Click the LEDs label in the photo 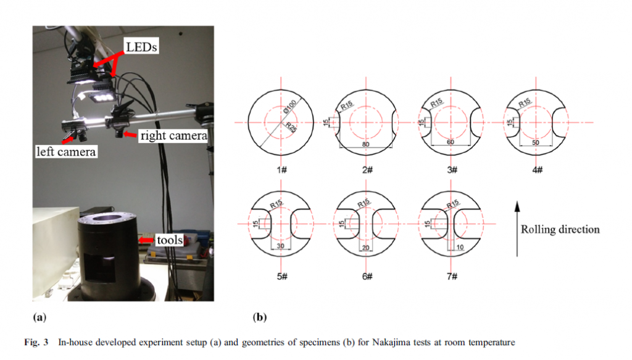tap(141, 47)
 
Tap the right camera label tap(173, 135)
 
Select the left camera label tap(66, 151)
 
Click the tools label tap(170, 240)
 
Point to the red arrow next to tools tap(146, 240)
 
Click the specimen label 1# tap(281, 170)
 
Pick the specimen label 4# tap(538, 170)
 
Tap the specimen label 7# tap(452, 276)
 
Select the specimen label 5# tap(281, 276)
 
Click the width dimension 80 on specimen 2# tap(365, 144)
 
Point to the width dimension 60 tap(451, 142)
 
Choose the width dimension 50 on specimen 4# tap(535, 142)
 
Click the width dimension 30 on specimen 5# tap(281, 246)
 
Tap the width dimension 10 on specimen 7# tap(460, 247)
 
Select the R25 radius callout tap(291, 127)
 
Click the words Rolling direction tap(560, 229)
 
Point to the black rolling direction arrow tap(517, 228)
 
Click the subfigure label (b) tap(260, 317)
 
